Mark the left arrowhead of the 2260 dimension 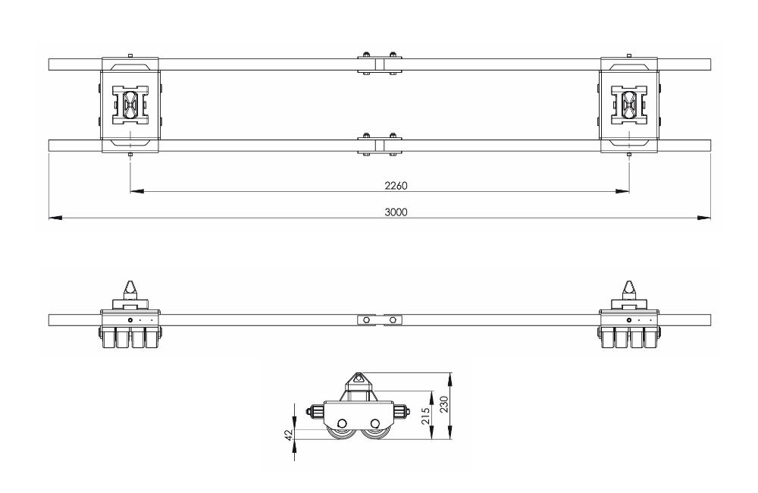tap(136, 191)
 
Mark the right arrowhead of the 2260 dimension tap(622, 191)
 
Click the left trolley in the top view tap(130, 105)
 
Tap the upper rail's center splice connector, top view tap(377, 64)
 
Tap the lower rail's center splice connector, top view tap(377, 144)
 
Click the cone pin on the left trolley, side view tap(130, 288)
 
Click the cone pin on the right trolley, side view tap(628, 288)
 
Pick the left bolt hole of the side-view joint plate tap(366, 320)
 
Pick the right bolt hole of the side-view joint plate tap(392, 320)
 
